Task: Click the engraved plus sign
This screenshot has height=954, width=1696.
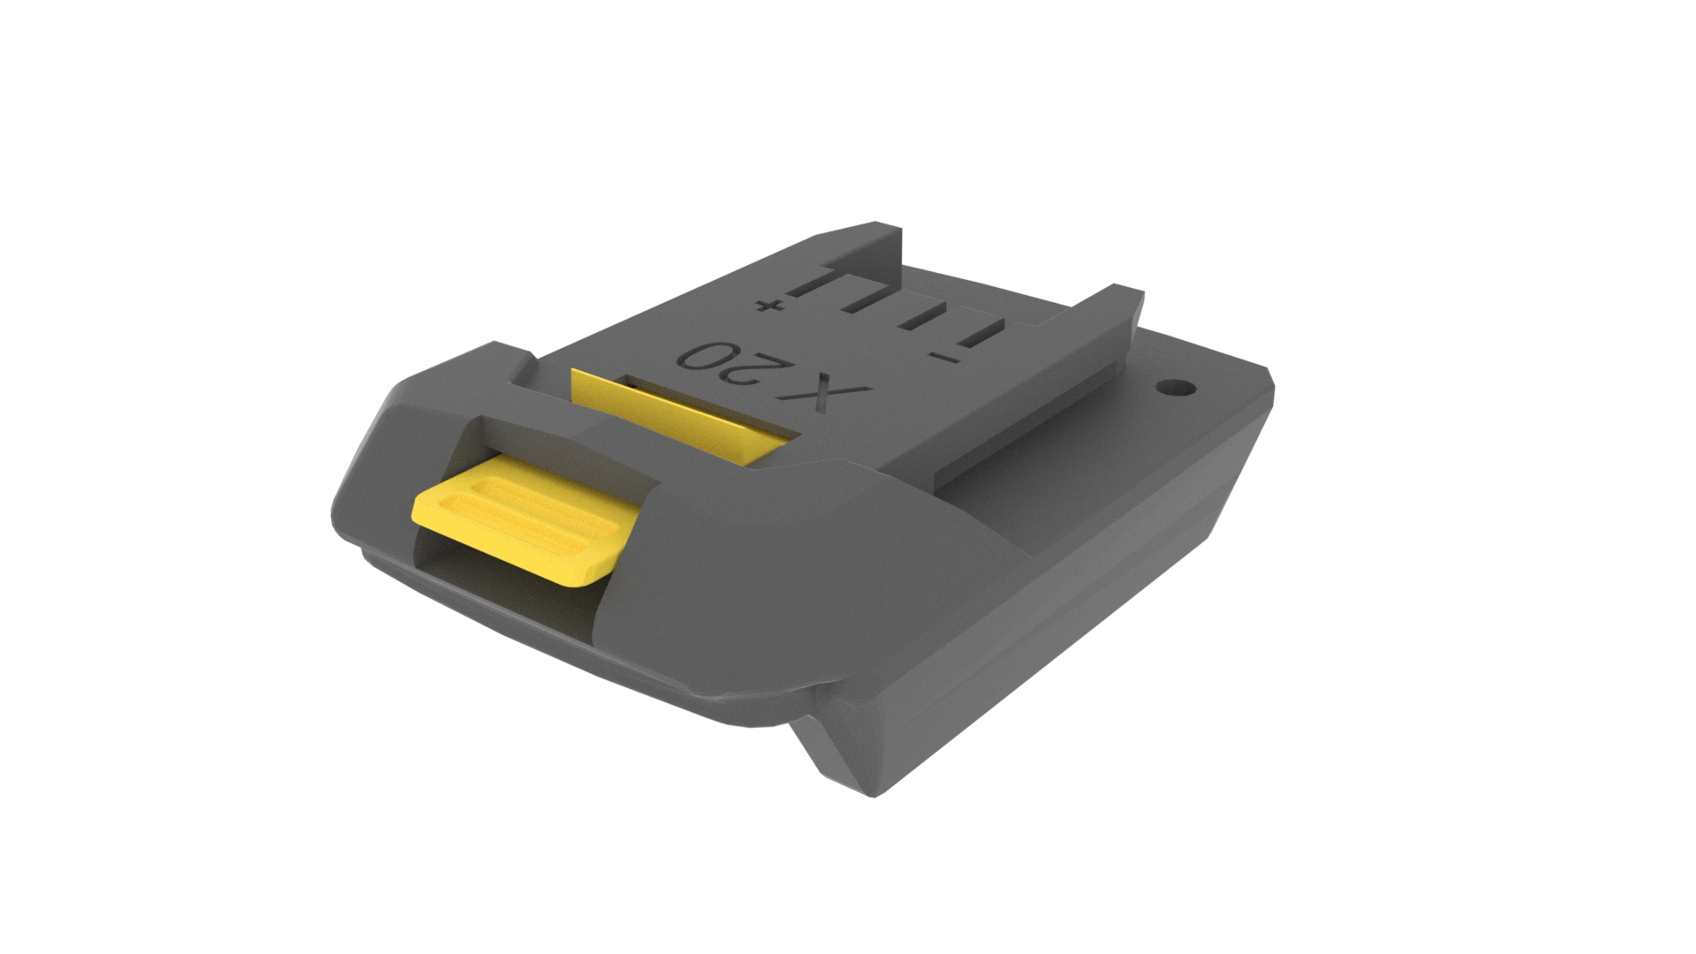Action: (x=768, y=307)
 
